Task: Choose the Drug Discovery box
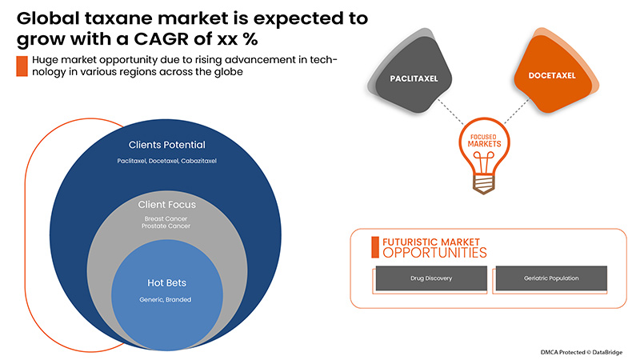tap(430, 278)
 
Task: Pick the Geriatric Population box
tap(551, 278)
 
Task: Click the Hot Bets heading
tap(166, 283)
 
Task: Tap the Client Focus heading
tap(166, 205)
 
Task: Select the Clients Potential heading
tap(166, 146)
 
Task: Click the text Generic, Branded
tap(166, 300)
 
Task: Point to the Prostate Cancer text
tap(166, 226)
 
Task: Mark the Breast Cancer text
tap(166, 218)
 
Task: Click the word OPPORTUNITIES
tap(434, 253)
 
